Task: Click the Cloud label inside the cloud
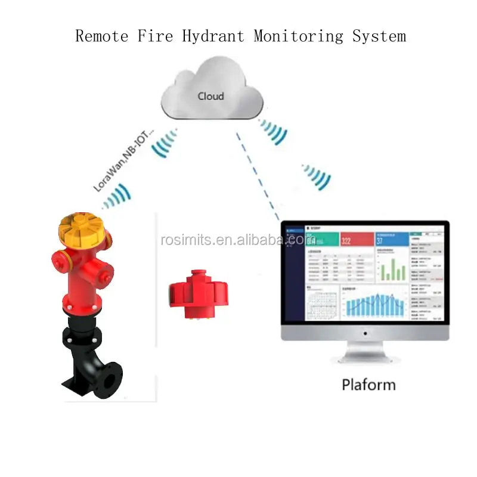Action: click(211, 96)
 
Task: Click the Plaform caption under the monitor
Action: click(368, 385)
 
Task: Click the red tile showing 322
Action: click(356, 239)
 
